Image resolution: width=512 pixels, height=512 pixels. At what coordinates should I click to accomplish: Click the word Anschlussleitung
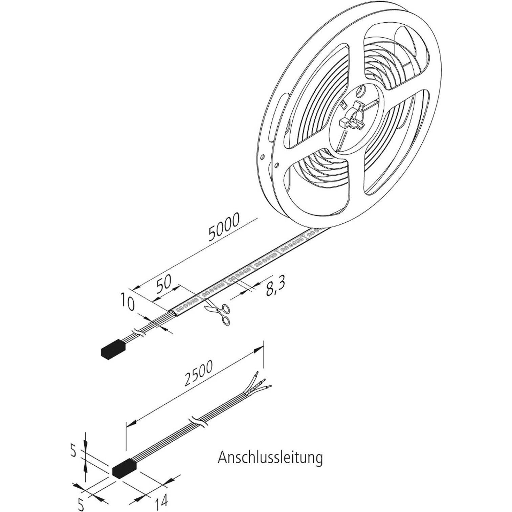tap(270, 458)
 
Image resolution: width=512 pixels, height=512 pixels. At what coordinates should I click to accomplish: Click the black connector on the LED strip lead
tap(113, 349)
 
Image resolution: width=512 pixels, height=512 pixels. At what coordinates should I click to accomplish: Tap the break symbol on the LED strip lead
tap(140, 332)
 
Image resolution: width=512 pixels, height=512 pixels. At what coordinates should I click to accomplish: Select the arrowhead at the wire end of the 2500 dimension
tap(259, 349)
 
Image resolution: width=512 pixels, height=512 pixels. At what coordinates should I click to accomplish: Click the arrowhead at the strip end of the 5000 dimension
tap(136, 287)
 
